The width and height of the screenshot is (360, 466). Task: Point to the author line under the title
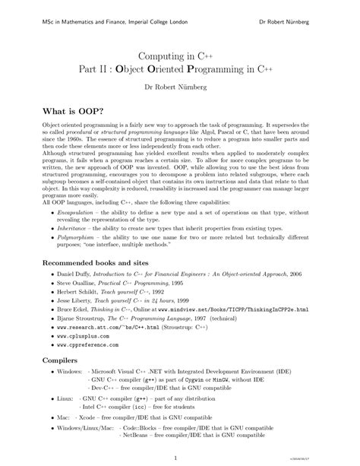180,87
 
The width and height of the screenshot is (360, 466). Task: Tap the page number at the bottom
175,457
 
